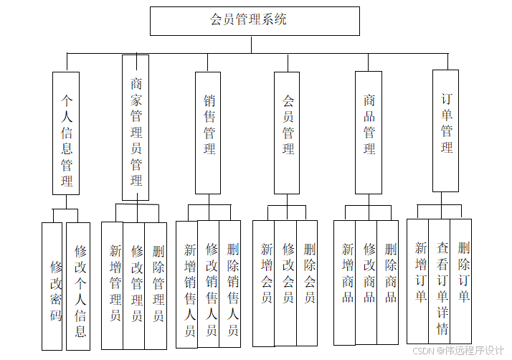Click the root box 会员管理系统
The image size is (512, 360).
coord(254,21)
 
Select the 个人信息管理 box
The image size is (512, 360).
coord(66,133)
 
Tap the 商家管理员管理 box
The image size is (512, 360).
coord(136,128)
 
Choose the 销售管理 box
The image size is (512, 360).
coord(208,132)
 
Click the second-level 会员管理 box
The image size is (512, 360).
coord(287,132)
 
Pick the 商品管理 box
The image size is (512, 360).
coord(369,132)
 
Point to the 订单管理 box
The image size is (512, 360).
coord(445,131)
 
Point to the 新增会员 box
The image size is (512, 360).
coord(264,283)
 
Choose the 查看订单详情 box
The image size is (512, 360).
coord(440,281)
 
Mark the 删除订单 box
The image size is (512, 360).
coord(461,281)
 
